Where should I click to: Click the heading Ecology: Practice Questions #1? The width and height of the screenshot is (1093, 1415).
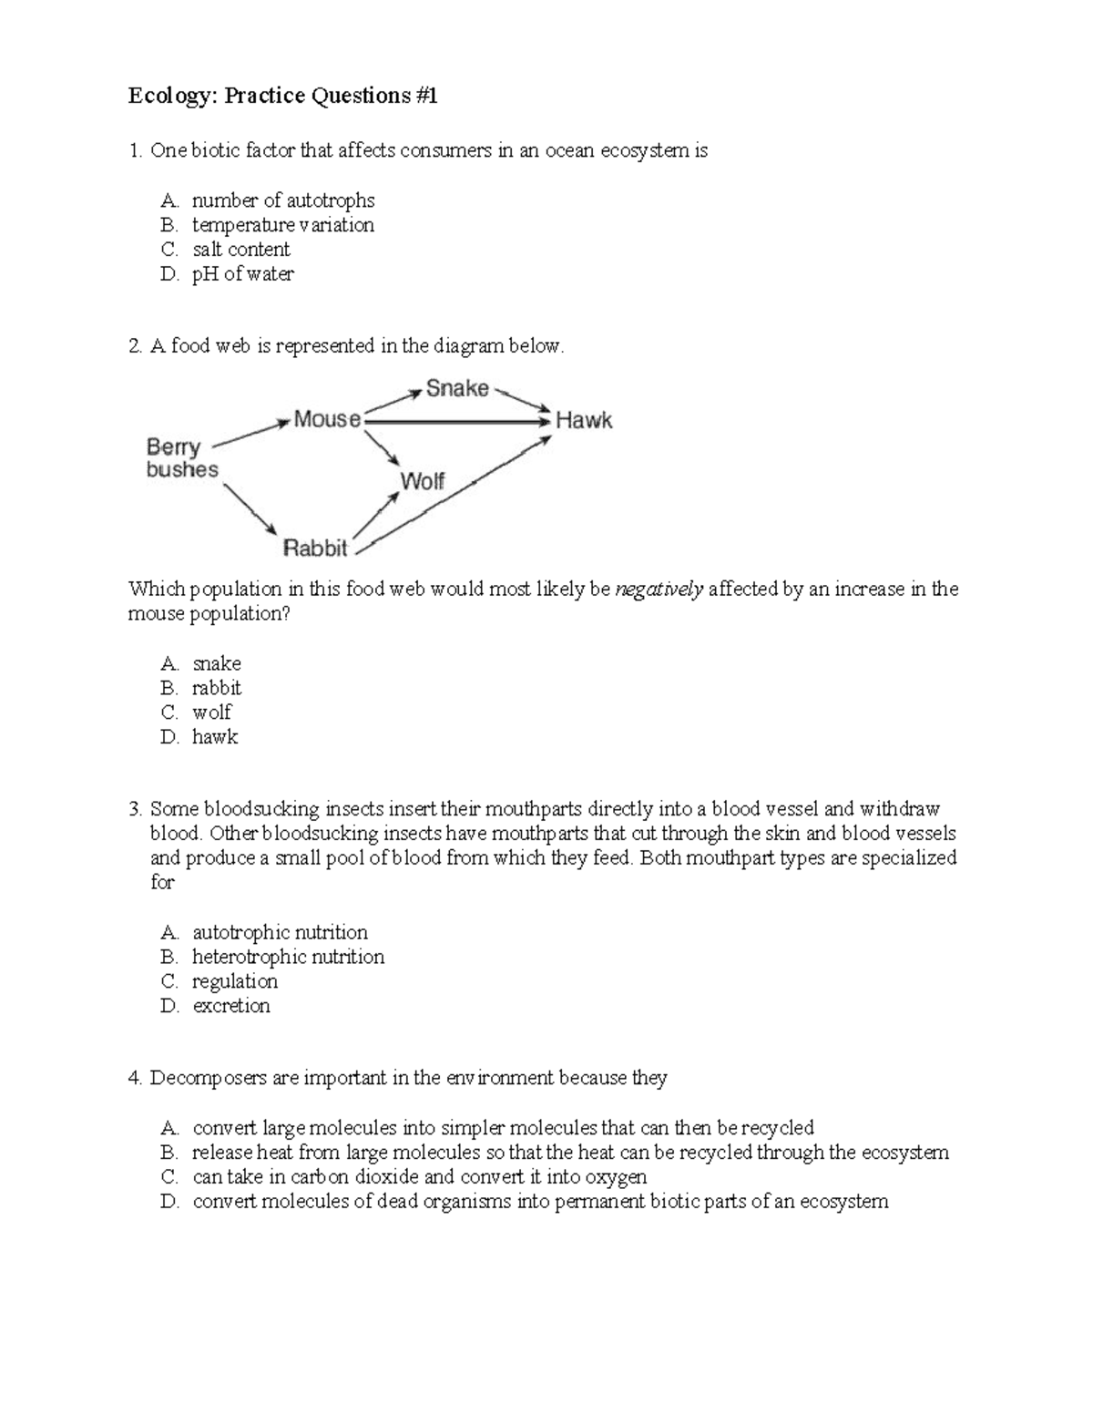(x=282, y=96)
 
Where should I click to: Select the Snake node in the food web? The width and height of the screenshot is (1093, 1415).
(x=457, y=389)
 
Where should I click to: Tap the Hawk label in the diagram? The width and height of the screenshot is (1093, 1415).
(x=584, y=421)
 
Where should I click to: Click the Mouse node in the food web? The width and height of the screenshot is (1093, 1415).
(x=327, y=419)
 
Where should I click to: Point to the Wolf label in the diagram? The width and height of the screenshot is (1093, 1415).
(x=422, y=481)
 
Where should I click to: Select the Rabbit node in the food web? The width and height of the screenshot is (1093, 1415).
(x=315, y=549)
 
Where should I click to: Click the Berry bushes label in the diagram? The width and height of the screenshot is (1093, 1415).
(x=182, y=458)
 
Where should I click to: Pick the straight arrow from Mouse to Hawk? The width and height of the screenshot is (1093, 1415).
(x=455, y=422)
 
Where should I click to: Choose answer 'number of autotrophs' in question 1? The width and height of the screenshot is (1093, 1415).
(x=283, y=200)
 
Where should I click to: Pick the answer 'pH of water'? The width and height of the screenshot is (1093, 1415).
(x=242, y=274)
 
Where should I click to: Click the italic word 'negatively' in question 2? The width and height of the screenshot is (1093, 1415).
(x=659, y=590)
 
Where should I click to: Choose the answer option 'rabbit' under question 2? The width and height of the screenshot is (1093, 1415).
(x=216, y=688)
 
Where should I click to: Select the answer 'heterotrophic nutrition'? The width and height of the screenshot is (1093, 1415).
(x=288, y=957)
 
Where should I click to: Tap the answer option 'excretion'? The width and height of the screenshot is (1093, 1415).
(x=231, y=1006)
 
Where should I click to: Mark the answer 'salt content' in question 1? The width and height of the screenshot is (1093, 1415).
(x=240, y=250)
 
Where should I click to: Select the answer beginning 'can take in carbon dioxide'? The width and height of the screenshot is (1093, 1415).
(x=419, y=1177)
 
